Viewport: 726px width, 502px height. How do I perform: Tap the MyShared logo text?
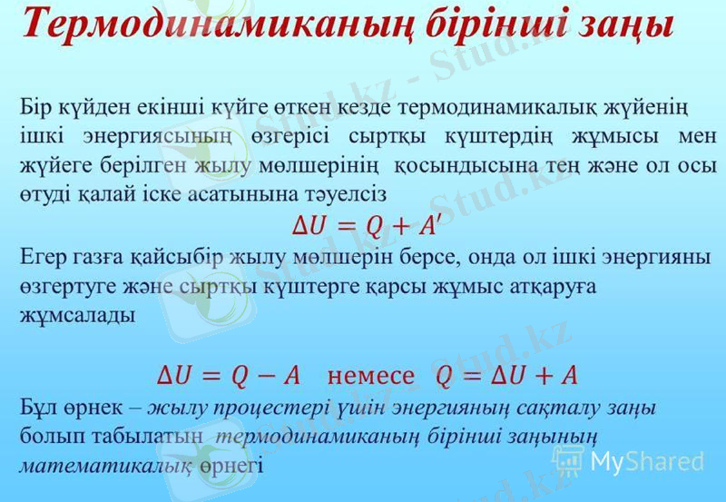pos(645,460)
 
